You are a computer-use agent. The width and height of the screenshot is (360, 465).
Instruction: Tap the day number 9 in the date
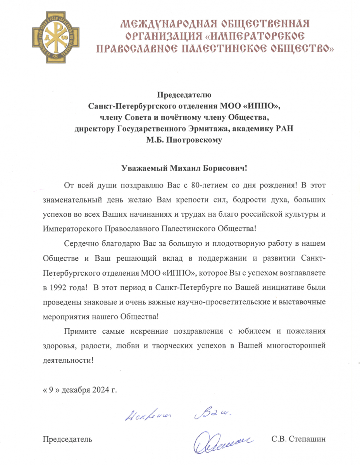[50, 389]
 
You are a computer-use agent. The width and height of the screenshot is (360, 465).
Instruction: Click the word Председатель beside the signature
[67, 439]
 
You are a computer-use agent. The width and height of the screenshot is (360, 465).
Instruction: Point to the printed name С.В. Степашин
[298, 439]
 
